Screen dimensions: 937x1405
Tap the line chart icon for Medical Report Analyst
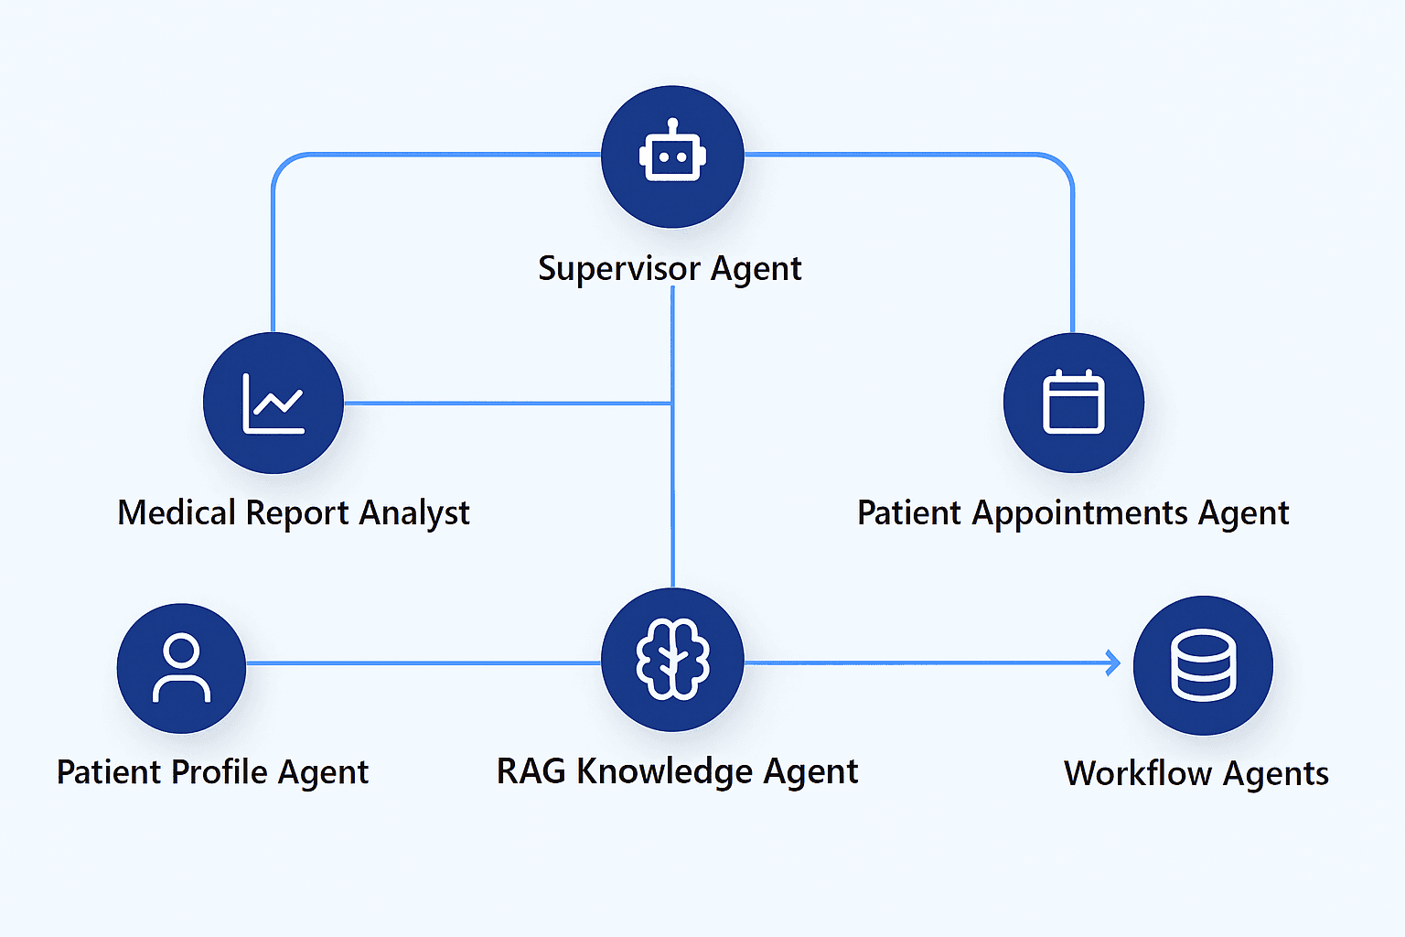coord(273,403)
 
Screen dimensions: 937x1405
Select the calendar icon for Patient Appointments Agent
coord(1073,403)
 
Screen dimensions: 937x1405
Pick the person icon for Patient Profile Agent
coord(181,667)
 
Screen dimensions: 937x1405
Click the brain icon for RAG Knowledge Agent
coord(672,660)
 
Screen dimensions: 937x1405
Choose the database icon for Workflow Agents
coord(1203,665)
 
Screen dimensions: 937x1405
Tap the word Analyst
coord(413,512)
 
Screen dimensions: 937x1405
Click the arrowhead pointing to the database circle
coord(1113,662)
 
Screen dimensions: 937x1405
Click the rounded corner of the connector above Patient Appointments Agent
coord(1063,164)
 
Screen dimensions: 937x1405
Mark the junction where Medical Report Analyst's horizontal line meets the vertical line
coord(672,403)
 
